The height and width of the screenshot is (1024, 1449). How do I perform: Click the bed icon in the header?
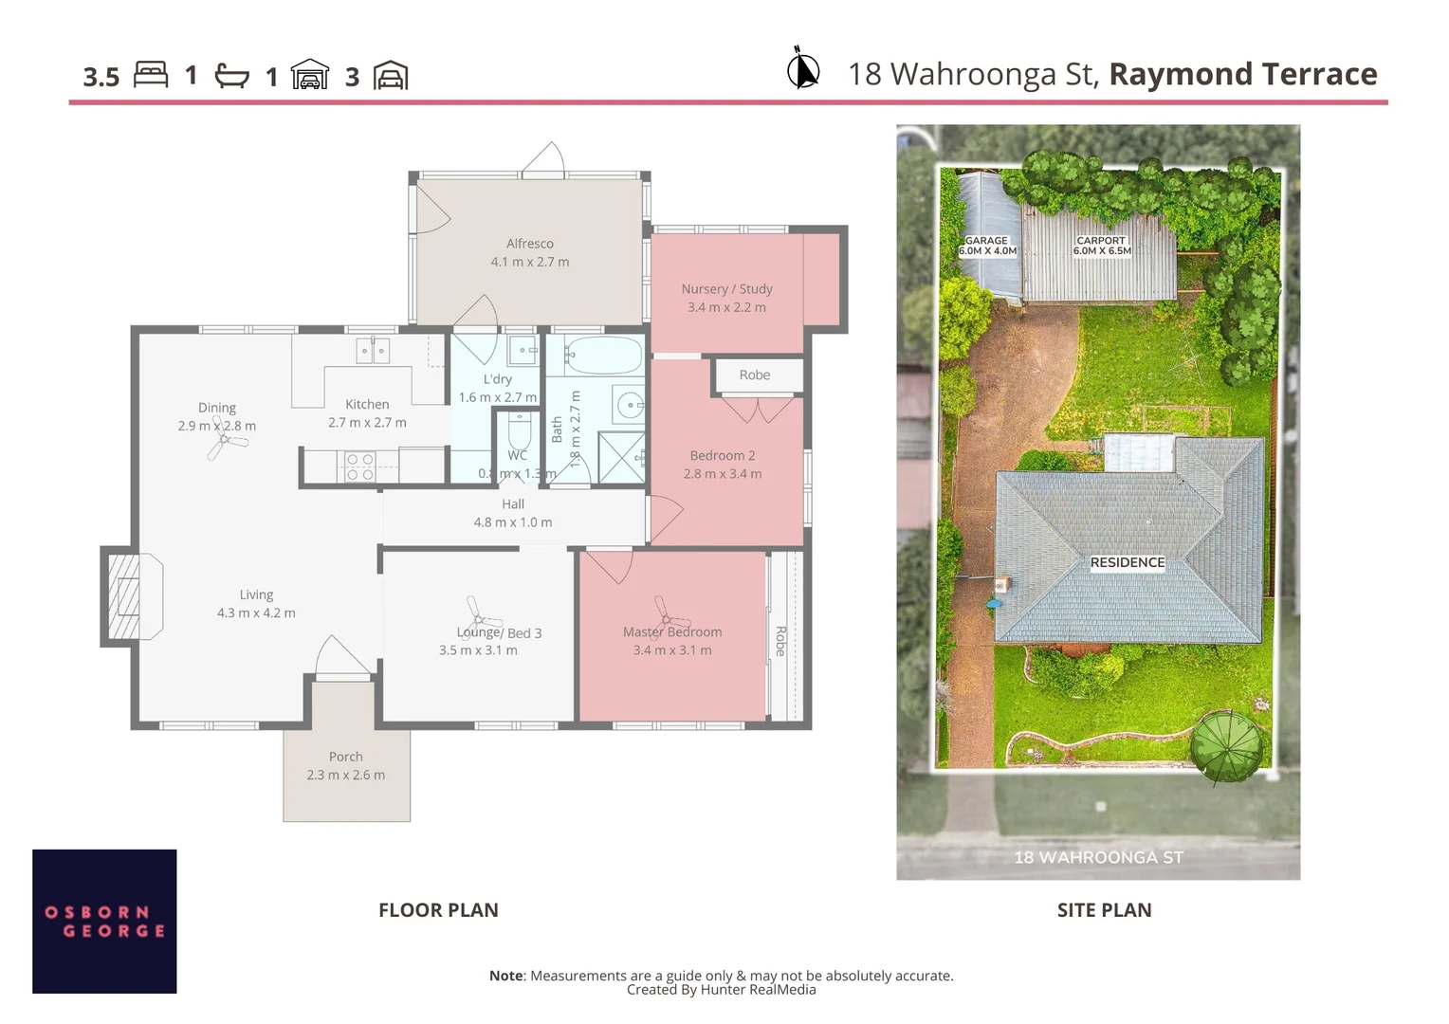(x=151, y=75)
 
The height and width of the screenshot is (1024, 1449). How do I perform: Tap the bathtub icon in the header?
(x=231, y=76)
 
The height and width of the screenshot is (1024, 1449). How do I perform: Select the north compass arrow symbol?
(x=803, y=69)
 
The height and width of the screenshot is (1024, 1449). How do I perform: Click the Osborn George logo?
(x=104, y=922)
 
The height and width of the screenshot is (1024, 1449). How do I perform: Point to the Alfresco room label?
(x=529, y=244)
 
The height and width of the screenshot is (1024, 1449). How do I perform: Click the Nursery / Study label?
(x=726, y=289)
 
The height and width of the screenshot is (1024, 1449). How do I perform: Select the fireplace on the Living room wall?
(x=124, y=596)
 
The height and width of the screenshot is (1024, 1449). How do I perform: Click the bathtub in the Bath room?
(x=604, y=357)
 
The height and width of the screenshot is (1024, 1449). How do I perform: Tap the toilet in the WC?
(x=519, y=432)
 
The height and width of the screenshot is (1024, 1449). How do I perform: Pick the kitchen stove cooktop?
(x=359, y=466)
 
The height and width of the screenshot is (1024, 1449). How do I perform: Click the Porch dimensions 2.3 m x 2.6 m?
(x=345, y=775)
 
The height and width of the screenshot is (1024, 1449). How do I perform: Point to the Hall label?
(x=513, y=504)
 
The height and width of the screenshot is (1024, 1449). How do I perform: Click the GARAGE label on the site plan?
(x=986, y=241)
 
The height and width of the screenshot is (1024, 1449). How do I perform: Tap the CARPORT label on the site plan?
(x=1101, y=241)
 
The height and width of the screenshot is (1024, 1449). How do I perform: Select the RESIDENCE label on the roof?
(x=1127, y=562)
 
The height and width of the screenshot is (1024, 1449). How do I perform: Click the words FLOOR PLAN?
(x=438, y=910)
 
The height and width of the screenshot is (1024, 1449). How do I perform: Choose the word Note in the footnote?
(x=506, y=976)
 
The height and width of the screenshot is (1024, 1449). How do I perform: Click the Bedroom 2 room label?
(x=723, y=455)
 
